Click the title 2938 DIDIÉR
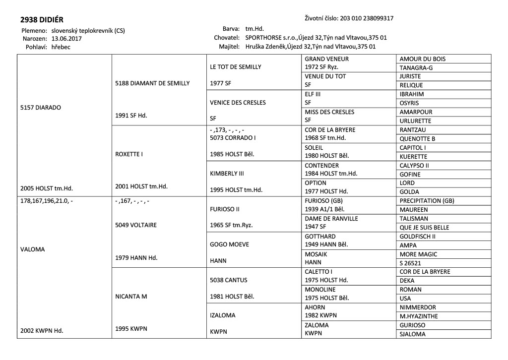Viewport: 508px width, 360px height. [x=42, y=20]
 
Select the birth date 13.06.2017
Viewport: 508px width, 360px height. [x=66, y=39]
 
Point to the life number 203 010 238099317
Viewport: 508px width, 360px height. [x=367, y=18]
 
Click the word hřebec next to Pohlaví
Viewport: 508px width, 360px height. [x=61, y=47]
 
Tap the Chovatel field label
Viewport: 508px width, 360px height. [x=227, y=38]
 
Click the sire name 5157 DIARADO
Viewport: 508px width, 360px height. [x=41, y=107]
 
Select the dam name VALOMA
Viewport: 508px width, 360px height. [x=33, y=249]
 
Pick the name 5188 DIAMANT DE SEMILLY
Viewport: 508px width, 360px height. [x=152, y=83]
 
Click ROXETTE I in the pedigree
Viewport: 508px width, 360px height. [x=129, y=154]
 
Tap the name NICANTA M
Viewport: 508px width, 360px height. [x=131, y=297]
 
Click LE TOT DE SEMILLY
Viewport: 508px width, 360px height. [x=236, y=67]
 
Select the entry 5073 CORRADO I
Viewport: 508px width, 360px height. [x=233, y=138]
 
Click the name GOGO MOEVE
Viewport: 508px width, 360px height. [x=230, y=244]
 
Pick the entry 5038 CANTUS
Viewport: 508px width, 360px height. [x=229, y=280]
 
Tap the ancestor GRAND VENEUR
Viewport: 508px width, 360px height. [x=326, y=59]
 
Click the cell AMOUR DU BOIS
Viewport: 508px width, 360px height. [x=422, y=59]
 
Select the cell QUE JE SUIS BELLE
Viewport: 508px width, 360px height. [x=424, y=228]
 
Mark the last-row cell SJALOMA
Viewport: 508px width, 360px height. [x=412, y=334]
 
